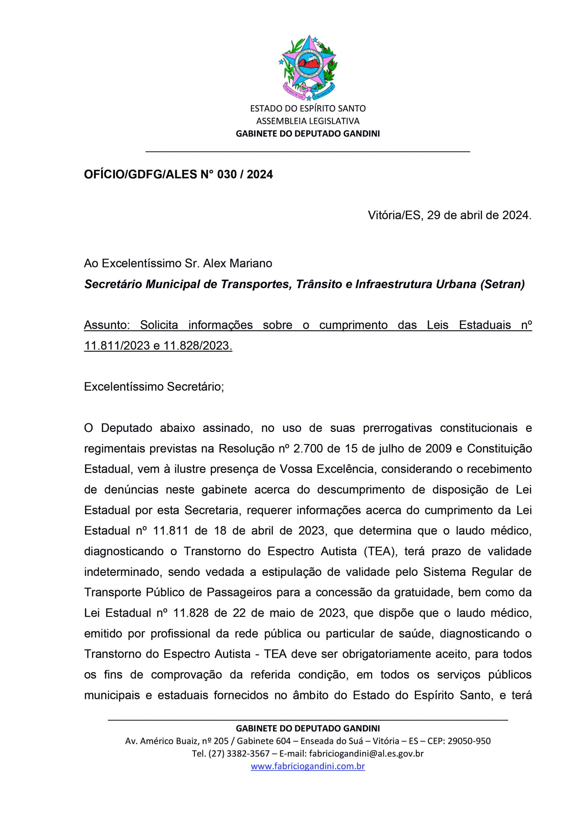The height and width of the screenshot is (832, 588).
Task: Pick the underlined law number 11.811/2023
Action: pos(117,346)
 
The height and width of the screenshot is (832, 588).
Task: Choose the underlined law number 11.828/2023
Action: pos(198,346)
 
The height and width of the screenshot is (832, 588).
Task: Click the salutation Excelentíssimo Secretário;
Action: pos(154,387)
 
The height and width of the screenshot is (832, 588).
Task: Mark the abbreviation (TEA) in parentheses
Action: pos(379,552)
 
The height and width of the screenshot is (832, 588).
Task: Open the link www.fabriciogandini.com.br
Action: pos(308,766)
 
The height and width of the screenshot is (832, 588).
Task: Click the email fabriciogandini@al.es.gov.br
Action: pos(365,754)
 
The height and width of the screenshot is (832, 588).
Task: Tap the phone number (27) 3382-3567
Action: pos(239,754)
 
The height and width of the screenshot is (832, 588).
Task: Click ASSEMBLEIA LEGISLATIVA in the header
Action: pos(308,121)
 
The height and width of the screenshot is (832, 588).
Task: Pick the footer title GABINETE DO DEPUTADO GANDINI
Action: pos(308,728)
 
